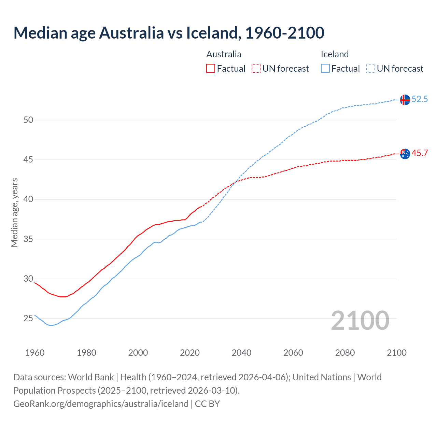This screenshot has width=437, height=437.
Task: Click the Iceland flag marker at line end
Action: point(405,100)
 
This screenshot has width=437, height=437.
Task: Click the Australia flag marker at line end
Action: point(405,154)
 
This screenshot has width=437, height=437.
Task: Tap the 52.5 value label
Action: point(420,99)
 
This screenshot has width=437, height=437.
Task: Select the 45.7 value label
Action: point(420,153)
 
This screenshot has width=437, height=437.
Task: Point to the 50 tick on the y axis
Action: point(28,120)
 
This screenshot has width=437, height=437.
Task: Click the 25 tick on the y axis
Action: point(28,319)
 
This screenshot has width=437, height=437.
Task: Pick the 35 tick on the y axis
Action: point(28,239)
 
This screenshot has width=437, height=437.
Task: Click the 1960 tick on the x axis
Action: point(35,353)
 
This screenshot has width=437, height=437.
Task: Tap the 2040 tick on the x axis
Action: point(241,353)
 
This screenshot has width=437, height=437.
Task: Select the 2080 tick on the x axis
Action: point(345,353)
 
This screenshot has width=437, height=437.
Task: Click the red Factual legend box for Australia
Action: point(211,69)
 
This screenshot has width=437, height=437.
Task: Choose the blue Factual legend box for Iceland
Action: point(325,69)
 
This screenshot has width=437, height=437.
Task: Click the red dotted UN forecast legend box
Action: point(256,69)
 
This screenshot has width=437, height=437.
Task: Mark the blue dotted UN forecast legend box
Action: point(371,69)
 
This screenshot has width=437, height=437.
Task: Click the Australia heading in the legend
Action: point(224,54)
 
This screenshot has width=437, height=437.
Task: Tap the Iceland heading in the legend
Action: point(335,54)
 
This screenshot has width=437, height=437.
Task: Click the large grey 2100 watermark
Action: point(360,320)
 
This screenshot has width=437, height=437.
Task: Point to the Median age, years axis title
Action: point(14,212)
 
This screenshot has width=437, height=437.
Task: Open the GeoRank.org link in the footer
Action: point(101,404)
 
